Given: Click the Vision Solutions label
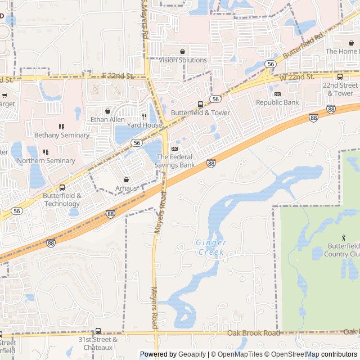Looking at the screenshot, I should (x=183, y=60).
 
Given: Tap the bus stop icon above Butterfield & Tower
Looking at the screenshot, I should (x=201, y=104).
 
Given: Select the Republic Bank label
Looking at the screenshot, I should (x=278, y=102).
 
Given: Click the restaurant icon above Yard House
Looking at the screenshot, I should (x=145, y=116).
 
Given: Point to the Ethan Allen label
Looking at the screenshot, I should (x=107, y=120).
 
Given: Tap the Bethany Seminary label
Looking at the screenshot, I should (x=62, y=135).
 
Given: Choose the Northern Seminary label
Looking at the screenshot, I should (x=46, y=160).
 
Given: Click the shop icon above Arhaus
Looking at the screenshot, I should (x=125, y=179).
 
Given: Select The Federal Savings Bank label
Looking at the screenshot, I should (x=175, y=161).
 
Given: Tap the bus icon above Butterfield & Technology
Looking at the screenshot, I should (x=62, y=187).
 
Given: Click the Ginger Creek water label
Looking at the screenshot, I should (x=211, y=247).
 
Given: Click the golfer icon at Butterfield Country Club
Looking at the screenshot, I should (x=344, y=238).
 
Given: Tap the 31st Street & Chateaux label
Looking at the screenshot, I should (x=98, y=343).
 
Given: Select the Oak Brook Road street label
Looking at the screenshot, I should (x=254, y=333).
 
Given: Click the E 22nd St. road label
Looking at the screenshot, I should (x=116, y=76).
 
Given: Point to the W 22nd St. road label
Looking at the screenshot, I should (x=297, y=76).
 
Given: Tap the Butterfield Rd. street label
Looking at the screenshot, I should (x=304, y=46).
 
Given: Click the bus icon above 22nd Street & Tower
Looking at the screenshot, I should (x=340, y=76).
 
